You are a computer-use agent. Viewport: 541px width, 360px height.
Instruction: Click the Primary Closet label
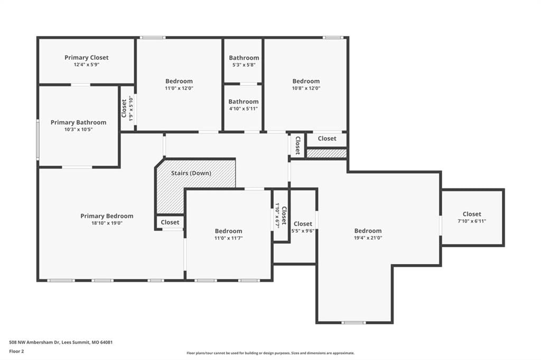point(87,58)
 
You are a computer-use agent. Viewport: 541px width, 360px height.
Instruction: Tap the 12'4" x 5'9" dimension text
point(87,64)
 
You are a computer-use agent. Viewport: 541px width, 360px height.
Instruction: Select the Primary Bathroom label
point(79,122)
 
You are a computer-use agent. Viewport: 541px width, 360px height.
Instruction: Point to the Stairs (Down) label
point(191,173)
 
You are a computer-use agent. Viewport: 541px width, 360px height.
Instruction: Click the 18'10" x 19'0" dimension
point(107,223)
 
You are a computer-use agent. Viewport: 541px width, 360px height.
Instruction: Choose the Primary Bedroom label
point(107,216)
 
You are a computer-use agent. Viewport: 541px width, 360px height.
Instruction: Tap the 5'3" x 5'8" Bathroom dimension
point(244,65)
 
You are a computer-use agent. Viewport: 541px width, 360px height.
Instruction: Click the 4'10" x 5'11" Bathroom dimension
point(244,109)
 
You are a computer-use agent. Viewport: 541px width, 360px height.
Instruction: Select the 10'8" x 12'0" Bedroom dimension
point(306,88)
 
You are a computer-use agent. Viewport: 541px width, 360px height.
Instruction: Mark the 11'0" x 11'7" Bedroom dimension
point(229,238)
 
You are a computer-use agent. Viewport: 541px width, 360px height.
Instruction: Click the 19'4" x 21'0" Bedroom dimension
point(368,238)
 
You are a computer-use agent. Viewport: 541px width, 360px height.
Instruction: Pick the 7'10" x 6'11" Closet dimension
point(472,221)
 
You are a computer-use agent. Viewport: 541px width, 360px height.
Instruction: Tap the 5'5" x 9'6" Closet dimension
point(303,231)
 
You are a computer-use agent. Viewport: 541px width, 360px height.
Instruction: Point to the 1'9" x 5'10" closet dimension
point(131,108)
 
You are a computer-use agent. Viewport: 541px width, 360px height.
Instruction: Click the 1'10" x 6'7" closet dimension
point(277,215)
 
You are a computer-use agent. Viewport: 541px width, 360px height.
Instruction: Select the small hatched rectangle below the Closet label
point(327,154)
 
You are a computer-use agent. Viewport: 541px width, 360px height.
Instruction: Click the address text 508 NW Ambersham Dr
point(34,343)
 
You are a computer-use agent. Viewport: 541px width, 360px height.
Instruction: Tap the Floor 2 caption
point(16,352)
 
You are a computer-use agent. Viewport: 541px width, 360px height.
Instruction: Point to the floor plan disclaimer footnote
point(270,353)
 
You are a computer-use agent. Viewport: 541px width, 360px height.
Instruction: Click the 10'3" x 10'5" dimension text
point(79,130)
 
